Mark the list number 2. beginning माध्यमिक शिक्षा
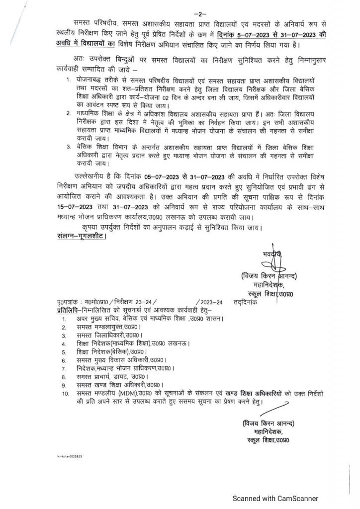68,113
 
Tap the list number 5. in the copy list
64,351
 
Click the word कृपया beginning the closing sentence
93,228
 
